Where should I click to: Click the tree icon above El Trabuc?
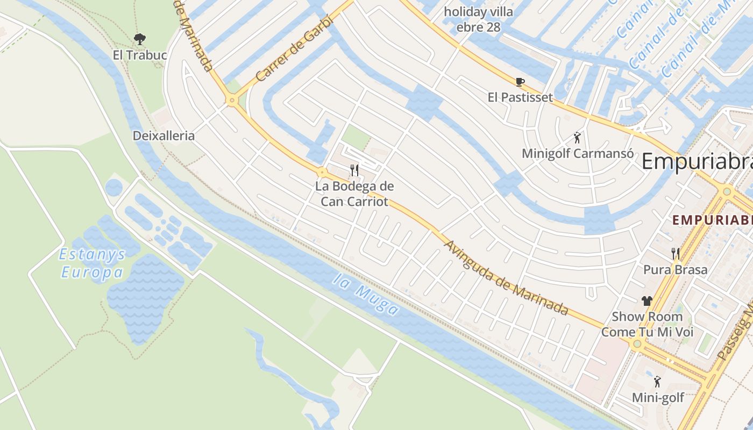coord(140,39)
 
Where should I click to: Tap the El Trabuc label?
coord(140,55)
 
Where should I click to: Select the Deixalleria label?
coord(164,135)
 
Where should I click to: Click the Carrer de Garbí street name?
coord(293,48)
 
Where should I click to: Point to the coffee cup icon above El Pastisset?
coord(520,82)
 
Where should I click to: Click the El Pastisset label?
coord(520,97)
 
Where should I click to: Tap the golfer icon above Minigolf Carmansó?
coord(577,138)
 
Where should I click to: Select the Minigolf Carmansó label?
coord(577,153)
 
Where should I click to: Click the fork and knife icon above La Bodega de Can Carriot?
coord(354,170)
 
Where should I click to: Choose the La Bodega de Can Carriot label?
coord(354,194)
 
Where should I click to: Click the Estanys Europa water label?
coord(93,263)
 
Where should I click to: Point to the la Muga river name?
coord(366,294)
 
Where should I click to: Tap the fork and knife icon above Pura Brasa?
coord(676,253)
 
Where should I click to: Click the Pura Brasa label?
coord(676,269)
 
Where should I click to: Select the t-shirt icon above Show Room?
coord(647,301)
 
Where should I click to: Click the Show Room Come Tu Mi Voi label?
coord(647,324)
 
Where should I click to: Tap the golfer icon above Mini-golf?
coord(657,382)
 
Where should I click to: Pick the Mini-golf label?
coord(658,398)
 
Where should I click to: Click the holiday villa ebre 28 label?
coord(478,19)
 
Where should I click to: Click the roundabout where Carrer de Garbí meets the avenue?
coord(232,100)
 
